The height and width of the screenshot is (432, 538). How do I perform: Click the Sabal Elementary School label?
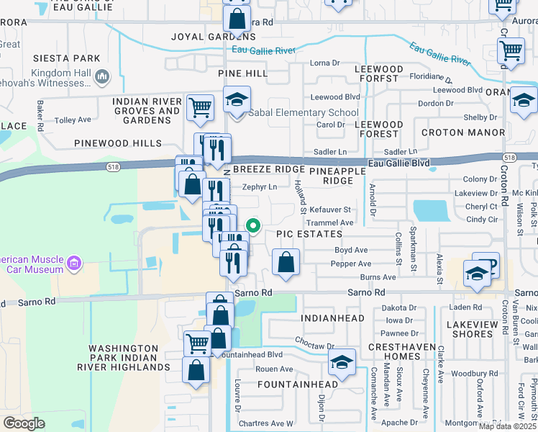coord(304,113)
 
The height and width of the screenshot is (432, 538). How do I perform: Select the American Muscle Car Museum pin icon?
coord(73,265)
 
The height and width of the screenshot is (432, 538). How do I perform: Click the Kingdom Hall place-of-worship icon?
coord(102,76)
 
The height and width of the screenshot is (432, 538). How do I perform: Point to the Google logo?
coord(24,423)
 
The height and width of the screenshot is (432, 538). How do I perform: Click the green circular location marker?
coord(252,224)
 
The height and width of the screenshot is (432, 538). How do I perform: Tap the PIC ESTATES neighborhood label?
coord(309,235)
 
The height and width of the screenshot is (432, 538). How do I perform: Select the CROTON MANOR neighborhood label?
coord(462,133)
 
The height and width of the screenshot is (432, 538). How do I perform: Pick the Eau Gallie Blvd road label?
coord(399,163)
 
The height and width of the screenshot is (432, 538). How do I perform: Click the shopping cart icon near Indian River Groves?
coord(200,107)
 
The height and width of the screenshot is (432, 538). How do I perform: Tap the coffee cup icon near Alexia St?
coord(485,264)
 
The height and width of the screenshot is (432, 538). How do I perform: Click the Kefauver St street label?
coord(331,210)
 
